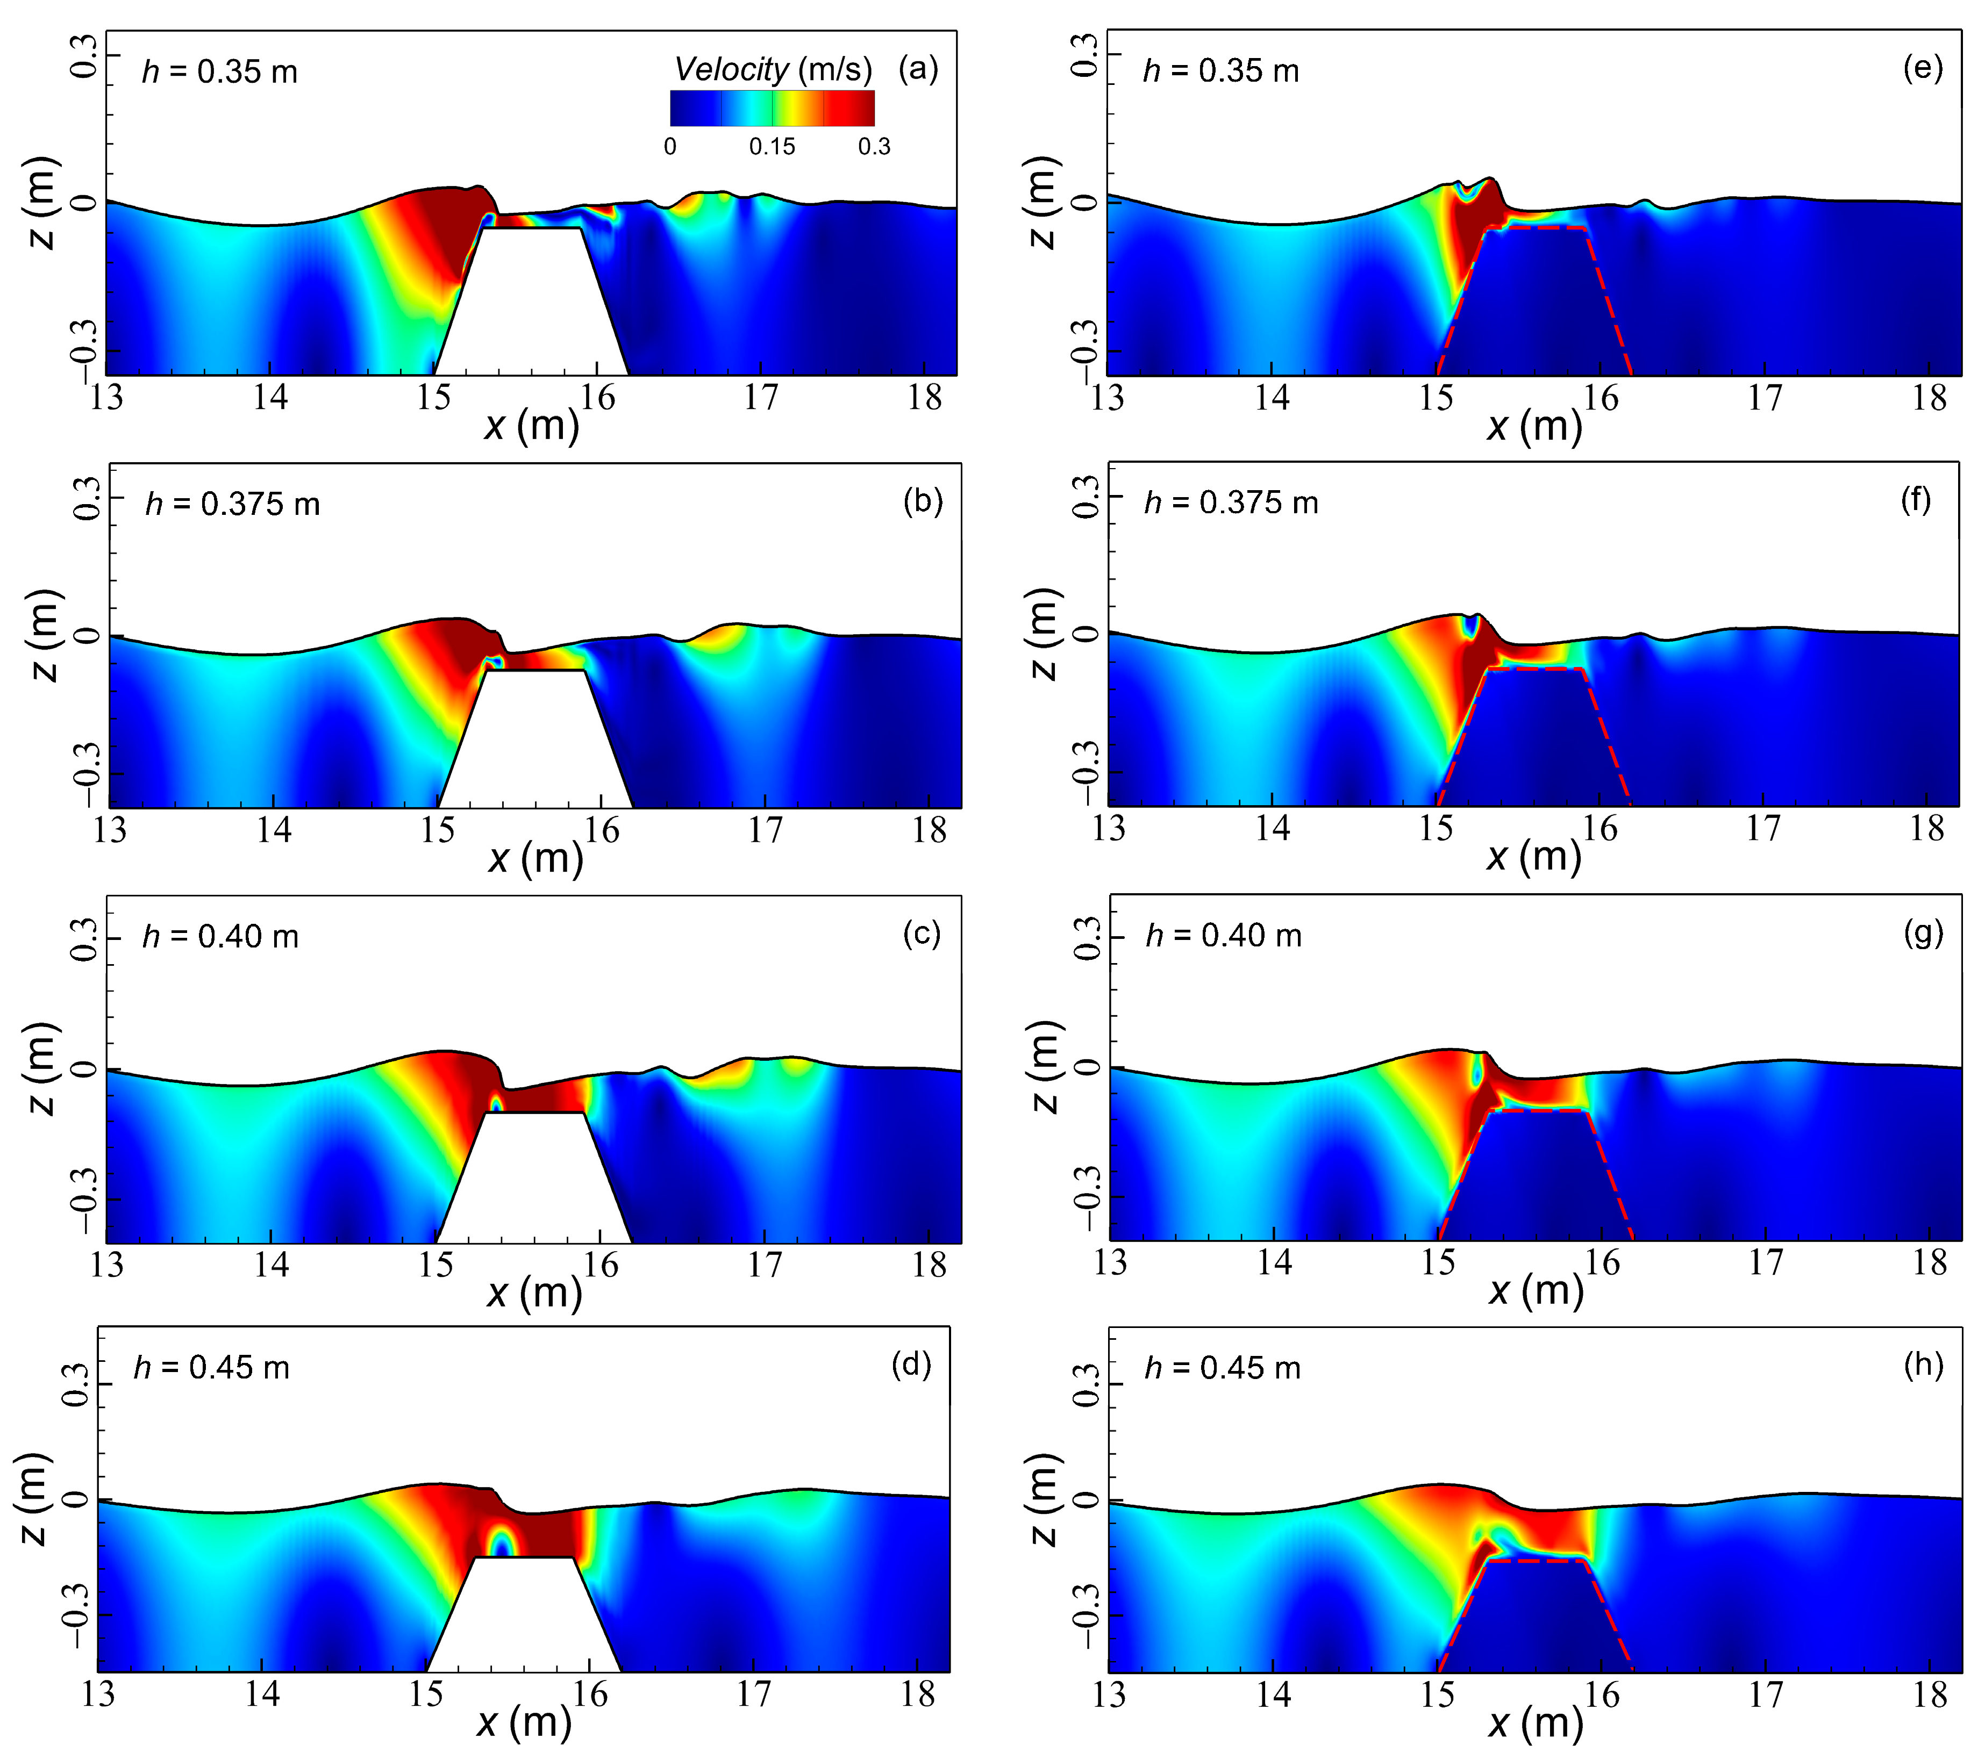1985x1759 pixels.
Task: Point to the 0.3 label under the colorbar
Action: pos(873,147)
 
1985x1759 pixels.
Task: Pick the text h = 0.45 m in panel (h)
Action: pos(1222,1368)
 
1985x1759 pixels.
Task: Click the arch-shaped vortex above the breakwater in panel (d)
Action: pos(500,1539)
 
